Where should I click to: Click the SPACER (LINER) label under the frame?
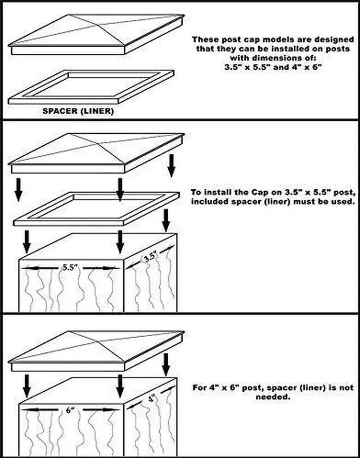pos(78,111)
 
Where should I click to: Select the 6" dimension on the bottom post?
pos(70,411)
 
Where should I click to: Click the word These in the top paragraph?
pos(203,39)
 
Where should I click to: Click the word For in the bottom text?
pos(200,388)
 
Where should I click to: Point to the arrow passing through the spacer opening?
pos(120,189)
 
